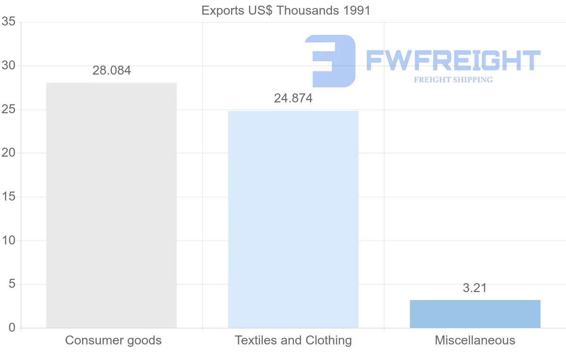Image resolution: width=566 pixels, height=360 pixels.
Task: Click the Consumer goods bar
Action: click(x=111, y=205)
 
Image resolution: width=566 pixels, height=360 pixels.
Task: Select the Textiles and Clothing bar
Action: click(x=293, y=219)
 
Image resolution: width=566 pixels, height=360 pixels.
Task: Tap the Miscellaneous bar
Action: click(x=475, y=314)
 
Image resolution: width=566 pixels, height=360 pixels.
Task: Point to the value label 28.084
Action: click(x=112, y=71)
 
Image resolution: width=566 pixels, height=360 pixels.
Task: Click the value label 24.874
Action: click(x=293, y=99)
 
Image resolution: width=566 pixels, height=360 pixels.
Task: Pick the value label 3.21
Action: click(x=474, y=288)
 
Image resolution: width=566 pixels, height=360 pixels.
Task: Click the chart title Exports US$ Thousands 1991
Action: click(x=286, y=10)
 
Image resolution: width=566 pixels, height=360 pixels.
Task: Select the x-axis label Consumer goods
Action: click(x=113, y=340)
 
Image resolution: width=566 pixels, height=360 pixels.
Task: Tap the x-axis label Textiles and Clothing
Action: click(x=293, y=340)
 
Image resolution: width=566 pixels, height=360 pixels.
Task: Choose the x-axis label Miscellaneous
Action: click(x=475, y=340)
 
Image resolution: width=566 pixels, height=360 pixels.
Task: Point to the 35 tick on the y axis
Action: click(x=8, y=22)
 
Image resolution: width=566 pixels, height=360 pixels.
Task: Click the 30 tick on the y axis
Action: click(x=8, y=66)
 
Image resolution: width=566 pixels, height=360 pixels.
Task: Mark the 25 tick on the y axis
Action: click(x=8, y=109)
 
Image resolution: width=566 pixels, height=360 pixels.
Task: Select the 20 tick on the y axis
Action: click(x=8, y=153)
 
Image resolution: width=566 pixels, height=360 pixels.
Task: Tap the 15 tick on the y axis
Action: click(x=8, y=197)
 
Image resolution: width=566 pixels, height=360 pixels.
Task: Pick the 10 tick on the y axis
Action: click(x=8, y=241)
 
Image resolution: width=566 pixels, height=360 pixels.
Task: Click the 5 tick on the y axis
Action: click(x=12, y=284)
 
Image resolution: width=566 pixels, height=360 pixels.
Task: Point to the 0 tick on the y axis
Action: click(x=12, y=328)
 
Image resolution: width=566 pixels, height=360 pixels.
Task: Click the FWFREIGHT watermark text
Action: click(x=453, y=60)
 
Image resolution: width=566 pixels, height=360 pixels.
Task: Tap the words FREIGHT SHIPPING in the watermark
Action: click(x=453, y=80)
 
